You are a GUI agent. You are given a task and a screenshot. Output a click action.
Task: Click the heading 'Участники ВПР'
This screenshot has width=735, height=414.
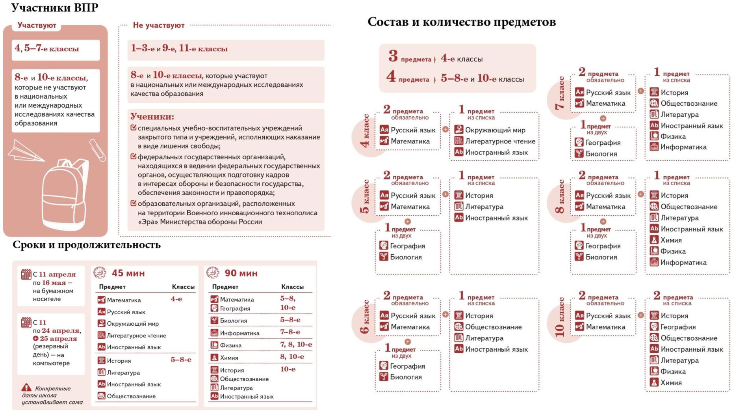click(x=54, y=8)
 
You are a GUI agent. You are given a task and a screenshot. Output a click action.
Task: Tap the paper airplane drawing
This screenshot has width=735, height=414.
click(x=24, y=151)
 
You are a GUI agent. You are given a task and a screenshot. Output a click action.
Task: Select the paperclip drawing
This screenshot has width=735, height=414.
click(x=98, y=150)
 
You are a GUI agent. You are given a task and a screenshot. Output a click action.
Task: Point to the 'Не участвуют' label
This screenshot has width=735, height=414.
click(x=158, y=25)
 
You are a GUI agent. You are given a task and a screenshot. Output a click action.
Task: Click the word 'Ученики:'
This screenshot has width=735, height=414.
click(x=152, y=116)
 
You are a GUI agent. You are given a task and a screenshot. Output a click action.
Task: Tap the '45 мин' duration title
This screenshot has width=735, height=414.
click(x=128, y=273)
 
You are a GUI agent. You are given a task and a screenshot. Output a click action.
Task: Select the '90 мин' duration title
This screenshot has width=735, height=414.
click(x=241, y=273)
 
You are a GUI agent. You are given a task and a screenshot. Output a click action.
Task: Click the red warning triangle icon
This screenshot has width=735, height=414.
click(x=26, y=388)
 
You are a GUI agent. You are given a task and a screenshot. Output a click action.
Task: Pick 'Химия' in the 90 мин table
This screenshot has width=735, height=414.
click(x=229, y=358)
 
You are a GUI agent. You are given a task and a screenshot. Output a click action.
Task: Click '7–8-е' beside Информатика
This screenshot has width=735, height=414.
click(x=290, y=332)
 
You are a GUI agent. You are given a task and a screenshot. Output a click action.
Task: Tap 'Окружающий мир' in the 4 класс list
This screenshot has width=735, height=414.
click(x=495, y=130)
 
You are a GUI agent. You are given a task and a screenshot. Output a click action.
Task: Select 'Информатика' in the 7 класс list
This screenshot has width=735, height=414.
click(x=683, y=147)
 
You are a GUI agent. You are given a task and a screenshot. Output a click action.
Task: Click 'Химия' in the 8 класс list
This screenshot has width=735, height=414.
click(x=671, y=240)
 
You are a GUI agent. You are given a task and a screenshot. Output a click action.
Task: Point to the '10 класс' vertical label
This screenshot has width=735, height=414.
click(x=560, y=317)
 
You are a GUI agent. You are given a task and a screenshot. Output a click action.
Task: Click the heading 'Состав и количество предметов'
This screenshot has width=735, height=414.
click(x=461, y=22)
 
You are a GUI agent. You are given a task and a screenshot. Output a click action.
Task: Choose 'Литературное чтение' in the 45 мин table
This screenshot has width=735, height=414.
click(x=136, y=336)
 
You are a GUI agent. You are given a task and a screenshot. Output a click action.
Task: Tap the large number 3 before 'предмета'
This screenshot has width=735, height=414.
click(x=393, y=56)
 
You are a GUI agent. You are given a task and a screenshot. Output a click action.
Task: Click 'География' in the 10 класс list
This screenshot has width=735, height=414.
click(x=677, y=327)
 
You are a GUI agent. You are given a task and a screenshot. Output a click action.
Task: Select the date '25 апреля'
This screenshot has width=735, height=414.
click(x=58, y=338)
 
